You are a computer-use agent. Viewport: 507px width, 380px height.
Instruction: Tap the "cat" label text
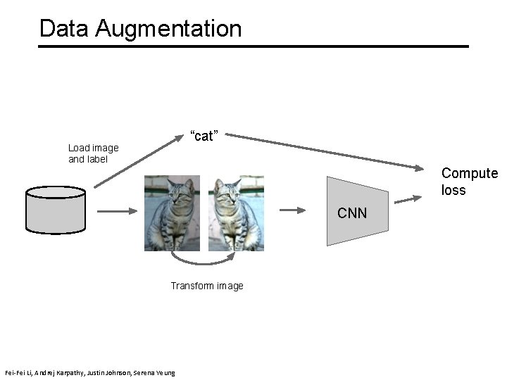point(204,136)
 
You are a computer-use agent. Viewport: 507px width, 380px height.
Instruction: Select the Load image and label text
point(93,153)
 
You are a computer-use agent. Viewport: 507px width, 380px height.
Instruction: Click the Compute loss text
point(468,182)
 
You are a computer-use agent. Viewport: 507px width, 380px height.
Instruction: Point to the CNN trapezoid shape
point(358,212)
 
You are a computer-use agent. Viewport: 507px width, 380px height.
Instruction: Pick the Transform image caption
point(207,286)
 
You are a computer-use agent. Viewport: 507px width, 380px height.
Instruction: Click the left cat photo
point(173,213)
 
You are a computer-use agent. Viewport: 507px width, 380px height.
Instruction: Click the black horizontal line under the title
point(254,46)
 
